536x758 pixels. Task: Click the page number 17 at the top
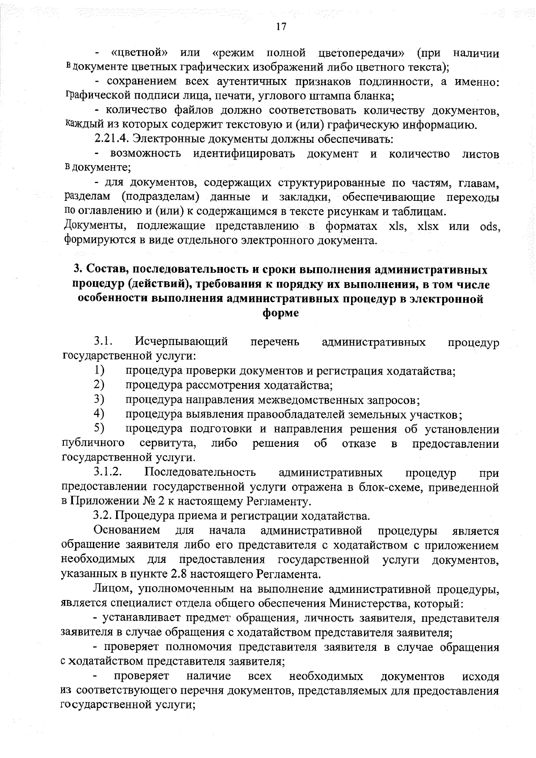tap(280, 26)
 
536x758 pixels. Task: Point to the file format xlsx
tap(427, 226)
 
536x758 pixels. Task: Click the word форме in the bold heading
tap(281, 313)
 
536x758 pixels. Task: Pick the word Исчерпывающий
tap(181, 342)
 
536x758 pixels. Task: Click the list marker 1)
tap(99, 370)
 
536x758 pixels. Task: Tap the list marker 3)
tap(99, 399)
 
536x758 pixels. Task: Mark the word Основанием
tap(127, 530)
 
